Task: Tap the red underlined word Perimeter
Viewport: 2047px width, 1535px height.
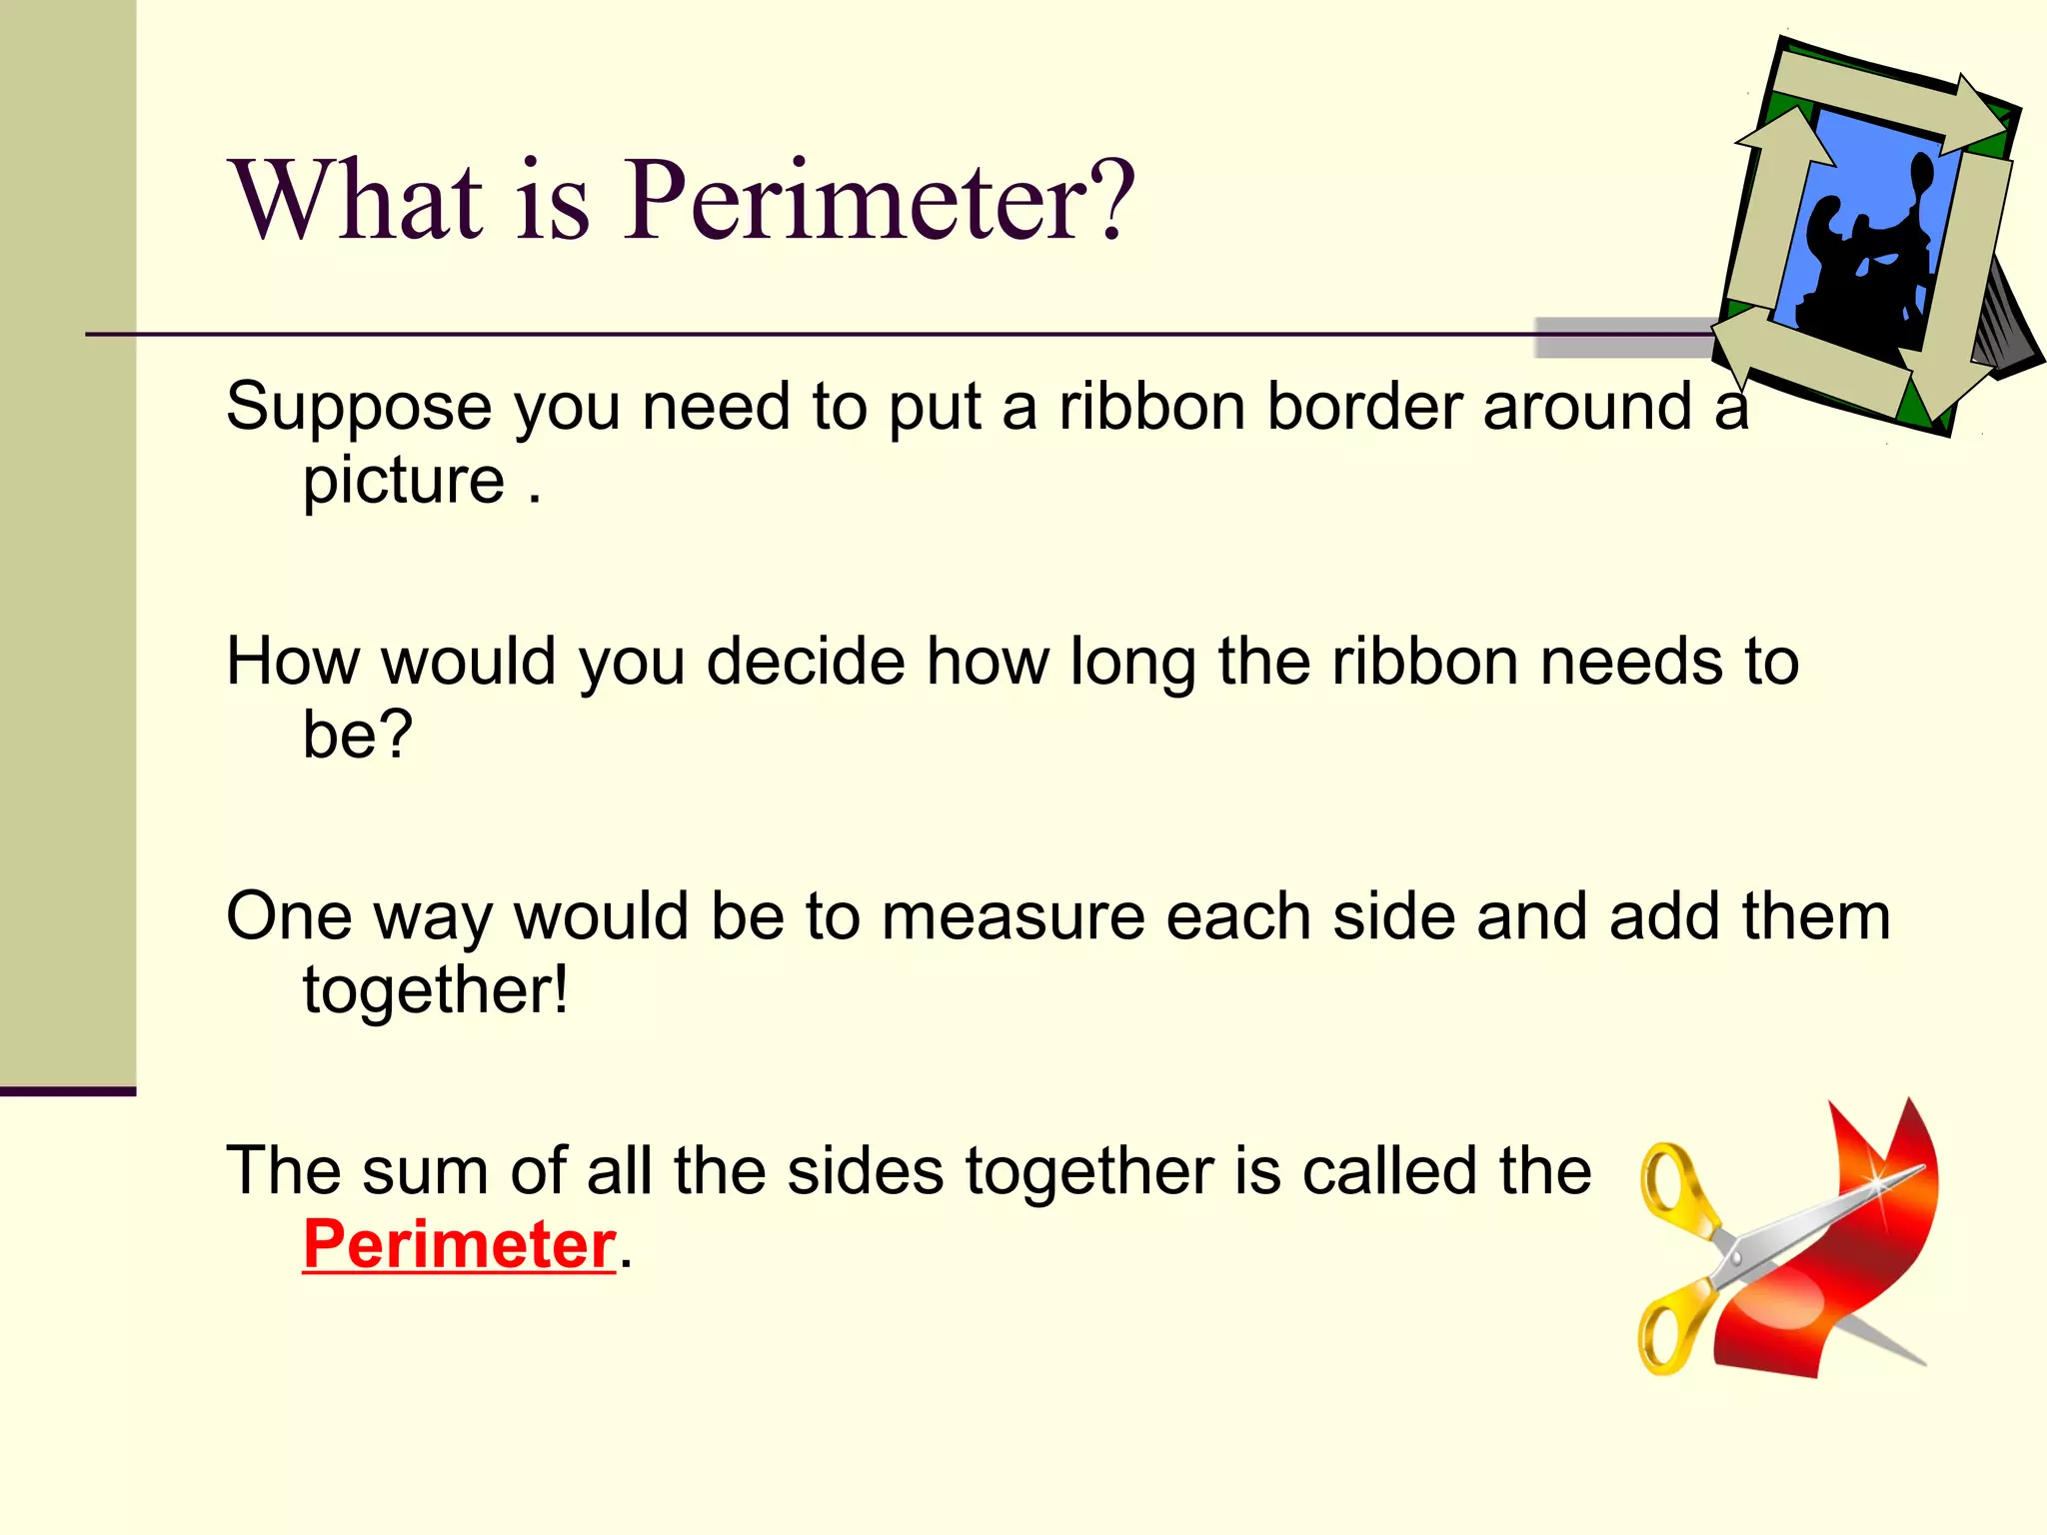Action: tap(459, 1245)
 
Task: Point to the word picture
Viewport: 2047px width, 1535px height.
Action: tap(404, 482)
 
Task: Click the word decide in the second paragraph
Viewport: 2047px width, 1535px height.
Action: tap(806, 662)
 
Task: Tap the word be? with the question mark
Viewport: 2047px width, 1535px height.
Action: tap(357, 736)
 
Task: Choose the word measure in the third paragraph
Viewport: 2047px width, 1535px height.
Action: tap(1013, 916)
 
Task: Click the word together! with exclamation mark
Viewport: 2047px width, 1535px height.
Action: tap(436, 990)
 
